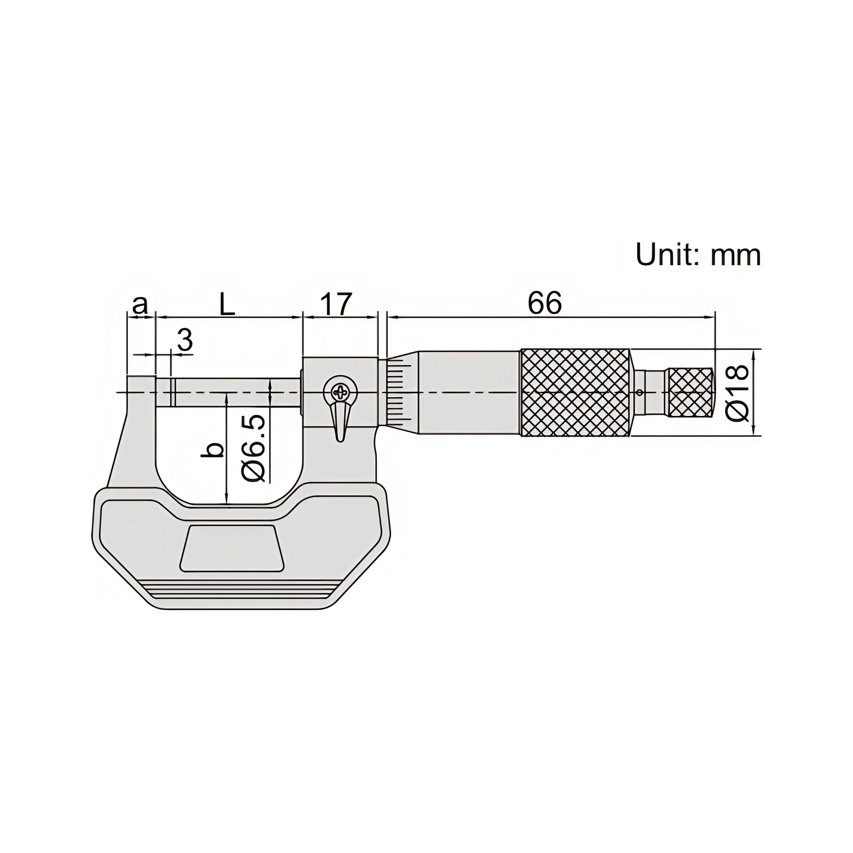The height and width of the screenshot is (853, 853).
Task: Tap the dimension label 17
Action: coord(336,304)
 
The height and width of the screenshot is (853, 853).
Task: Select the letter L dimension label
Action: coord(227,305)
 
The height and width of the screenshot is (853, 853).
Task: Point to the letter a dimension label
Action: coord(140,305)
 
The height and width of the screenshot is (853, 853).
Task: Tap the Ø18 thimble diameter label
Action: coord(737,393)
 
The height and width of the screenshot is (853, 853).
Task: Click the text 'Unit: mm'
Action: coord(698,255)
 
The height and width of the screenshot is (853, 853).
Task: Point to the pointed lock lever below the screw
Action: coord(340,422)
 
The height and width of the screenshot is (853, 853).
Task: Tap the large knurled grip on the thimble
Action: coord(575,393)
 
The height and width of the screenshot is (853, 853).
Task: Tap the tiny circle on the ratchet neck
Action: coord(639,392)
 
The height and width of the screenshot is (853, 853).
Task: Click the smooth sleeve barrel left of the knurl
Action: coord(468,393)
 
